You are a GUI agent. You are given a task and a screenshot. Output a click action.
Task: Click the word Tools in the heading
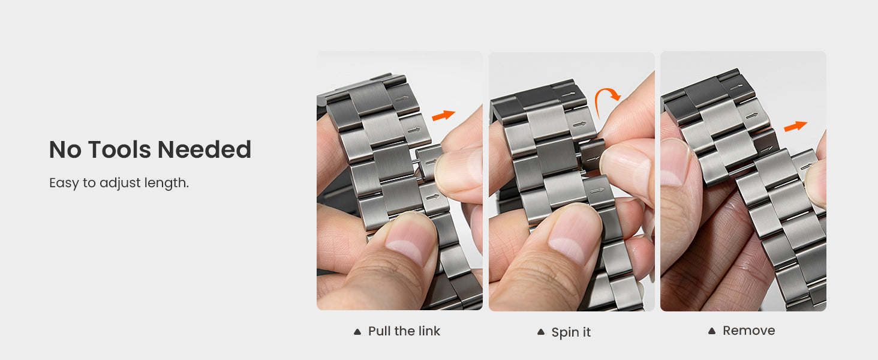click(x=119, y=149)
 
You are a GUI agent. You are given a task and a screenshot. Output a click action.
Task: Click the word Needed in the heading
click(x=205, y=149)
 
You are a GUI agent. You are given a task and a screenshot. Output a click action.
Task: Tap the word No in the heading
click(x=65, y=149)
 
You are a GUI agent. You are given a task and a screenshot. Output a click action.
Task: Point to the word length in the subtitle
click(x=167, y=183)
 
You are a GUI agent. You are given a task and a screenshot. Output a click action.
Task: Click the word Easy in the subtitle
click(x=64, y=183)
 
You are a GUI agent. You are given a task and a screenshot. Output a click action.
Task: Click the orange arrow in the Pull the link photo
click(x=443, y=115)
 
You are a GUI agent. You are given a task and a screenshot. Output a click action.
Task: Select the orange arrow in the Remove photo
click(x=795, y=126)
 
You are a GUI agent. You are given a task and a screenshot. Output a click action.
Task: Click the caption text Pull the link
click(x=404, y=331)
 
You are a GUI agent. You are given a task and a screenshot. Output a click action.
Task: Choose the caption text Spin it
click(x=571, y=332)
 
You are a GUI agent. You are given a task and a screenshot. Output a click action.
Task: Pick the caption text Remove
click(x=748, y=331)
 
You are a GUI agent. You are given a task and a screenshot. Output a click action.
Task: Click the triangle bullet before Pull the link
click(x=357, y=332)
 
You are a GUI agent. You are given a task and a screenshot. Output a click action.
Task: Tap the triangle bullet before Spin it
click(x=541, y=332)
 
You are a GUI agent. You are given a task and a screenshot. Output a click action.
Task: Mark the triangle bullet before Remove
click(x=712, y=331)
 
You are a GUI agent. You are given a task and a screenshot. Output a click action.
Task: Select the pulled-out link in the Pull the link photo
click(x=429, y=161)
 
